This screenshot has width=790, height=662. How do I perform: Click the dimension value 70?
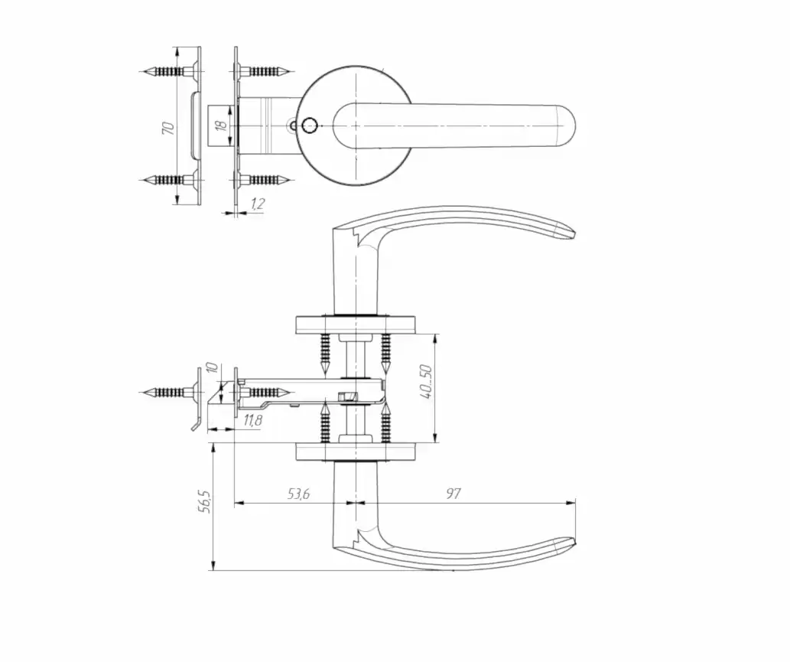coord(168,126)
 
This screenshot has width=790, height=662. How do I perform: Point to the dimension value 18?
coord(222,125)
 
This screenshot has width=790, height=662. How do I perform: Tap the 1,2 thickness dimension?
coord(258,204)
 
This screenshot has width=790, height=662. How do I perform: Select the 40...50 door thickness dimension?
coord(426,380)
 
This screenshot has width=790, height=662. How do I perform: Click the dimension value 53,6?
coord(298,494)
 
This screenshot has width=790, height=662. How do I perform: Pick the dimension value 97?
coord(454,494)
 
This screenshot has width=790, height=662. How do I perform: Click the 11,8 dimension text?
coord(253,420)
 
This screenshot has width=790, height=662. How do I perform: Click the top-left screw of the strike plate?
coord(164,71)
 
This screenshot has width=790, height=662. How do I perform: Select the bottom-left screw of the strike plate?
coord(164,180)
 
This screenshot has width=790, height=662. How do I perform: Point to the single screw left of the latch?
coord(167,393)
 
